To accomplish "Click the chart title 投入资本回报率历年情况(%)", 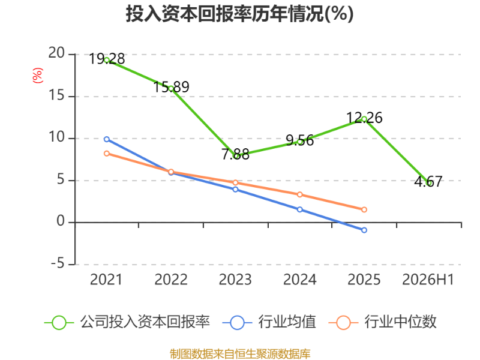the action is coord(239,14).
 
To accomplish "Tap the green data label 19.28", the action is coord(107,59).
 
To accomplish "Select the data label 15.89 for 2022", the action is coord(171,87).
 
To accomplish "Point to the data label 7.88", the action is coord(235,154).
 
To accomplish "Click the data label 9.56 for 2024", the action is coord(299,140).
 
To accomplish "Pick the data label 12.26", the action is coord(364,118).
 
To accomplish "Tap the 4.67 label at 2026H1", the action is coord(428,182).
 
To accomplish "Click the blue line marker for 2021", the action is coord(107,139).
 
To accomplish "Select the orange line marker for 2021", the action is coord(107,154).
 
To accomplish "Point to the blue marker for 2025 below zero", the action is coord(364,230).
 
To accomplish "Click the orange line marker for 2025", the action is coord(364,209).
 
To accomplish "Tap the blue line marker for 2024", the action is coord(299,209).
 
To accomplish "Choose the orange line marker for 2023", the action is coord(235,182).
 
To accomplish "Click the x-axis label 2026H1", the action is coord(428,280).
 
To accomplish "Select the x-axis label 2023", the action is coord(235,280).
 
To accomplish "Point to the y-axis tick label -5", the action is coord(58,263).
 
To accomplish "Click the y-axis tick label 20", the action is coord(56,53).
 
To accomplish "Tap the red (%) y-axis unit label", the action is coord(38,76).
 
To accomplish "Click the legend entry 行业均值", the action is coord(269,322).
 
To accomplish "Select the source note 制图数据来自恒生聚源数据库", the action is coord(240,354).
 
